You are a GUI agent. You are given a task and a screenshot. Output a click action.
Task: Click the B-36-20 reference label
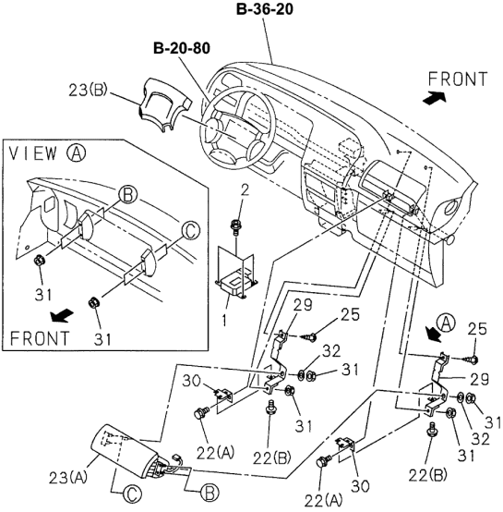264,9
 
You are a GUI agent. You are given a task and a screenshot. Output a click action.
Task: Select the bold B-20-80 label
182,48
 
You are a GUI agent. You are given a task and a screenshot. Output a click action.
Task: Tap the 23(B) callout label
88,91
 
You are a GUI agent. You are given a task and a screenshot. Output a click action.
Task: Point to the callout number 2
245,190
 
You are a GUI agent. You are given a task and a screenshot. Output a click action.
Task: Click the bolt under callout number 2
235,226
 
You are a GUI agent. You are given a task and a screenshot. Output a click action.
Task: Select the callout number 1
223,320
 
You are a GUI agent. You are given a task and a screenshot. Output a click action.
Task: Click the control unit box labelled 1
236,285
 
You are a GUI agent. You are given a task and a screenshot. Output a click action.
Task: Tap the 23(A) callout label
68,478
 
